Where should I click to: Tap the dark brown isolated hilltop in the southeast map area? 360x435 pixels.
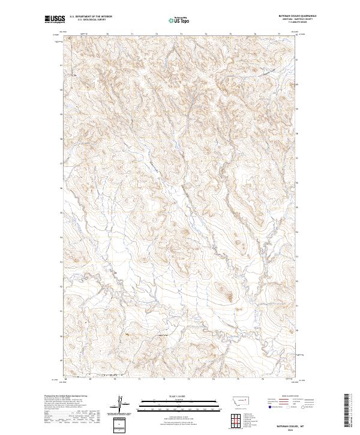click(x=228, y=295)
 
